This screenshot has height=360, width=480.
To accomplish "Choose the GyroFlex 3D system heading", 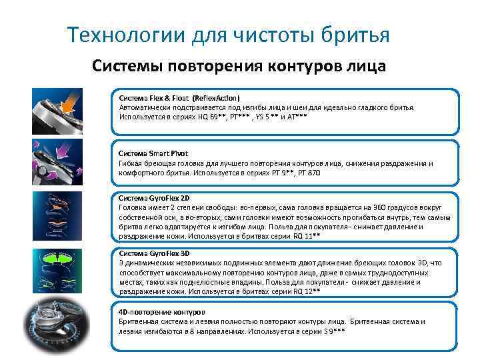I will (154, 254).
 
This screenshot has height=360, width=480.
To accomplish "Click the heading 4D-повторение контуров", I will (162, 312).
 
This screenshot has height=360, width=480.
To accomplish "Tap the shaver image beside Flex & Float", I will (58, 111).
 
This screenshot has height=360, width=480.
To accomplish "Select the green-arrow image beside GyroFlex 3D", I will (58, 269).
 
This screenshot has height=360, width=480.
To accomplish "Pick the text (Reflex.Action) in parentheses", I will (216, 97).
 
